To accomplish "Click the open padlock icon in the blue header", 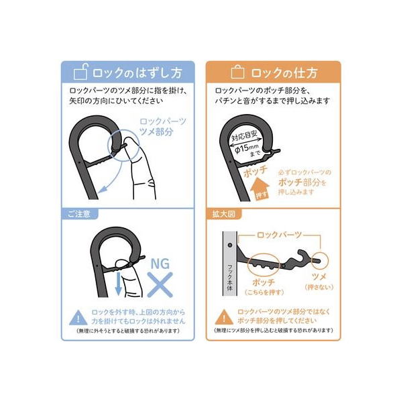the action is coord(80,72).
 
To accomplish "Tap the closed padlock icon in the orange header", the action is coord(237,72).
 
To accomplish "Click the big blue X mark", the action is coord(160,284).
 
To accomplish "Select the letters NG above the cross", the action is coord(160,264).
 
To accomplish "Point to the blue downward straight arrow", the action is coord(118,284).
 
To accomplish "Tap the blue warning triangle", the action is coord(78,318).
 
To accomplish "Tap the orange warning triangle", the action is coord(224,317).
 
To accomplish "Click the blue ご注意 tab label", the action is coord(78,214).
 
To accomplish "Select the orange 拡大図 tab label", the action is coord(224,214).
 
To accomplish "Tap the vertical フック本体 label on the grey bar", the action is coord(230,278).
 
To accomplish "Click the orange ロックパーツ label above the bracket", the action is coord(279,235).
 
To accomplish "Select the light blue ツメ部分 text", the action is coord(156,131).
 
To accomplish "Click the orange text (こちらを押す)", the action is coord(264,292).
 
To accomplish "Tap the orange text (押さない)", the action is coord(319,287).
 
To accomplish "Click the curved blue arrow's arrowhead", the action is coord(103,189).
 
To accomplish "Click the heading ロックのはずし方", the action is coord(137,72).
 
